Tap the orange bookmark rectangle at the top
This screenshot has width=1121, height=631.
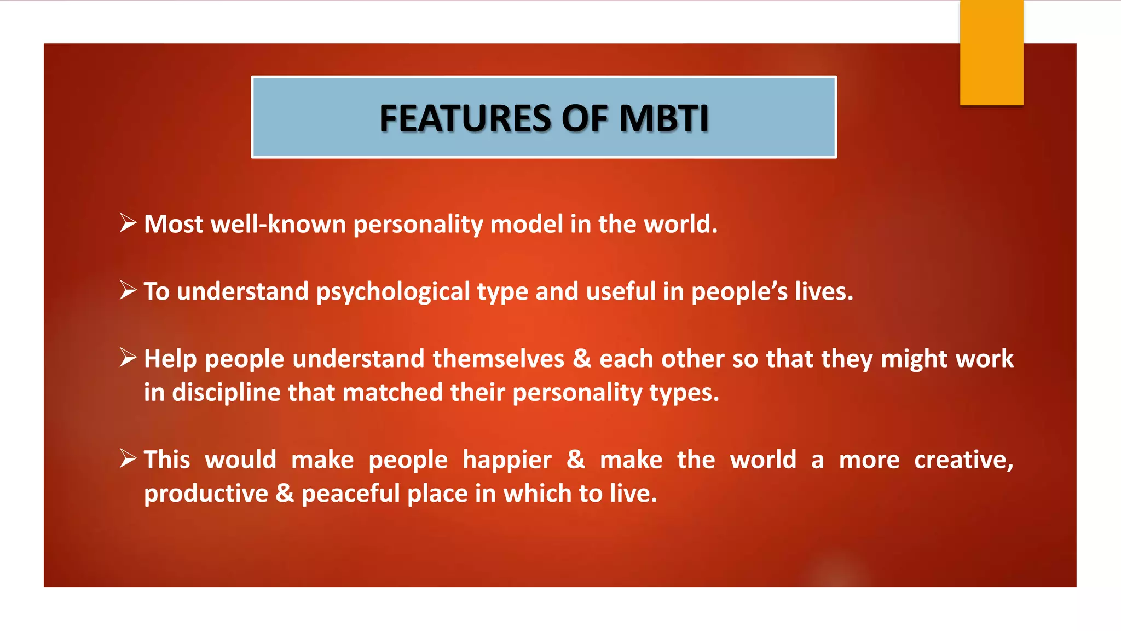point(991,53)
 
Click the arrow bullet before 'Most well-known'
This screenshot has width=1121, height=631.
point(128,223)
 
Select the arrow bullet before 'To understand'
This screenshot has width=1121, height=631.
point(128,290)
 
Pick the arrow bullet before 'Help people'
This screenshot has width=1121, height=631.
point(128,358)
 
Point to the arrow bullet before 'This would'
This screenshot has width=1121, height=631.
point(128,458)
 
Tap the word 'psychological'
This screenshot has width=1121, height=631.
point(392,292)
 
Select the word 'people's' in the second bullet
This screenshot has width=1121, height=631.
point(739,292)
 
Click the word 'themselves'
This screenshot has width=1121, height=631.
point(498,359)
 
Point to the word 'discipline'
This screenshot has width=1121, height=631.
point(226,393)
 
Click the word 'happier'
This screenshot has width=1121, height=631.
point(507,460)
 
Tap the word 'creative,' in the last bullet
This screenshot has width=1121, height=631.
point(963,460)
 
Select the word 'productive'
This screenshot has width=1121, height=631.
point(206,494)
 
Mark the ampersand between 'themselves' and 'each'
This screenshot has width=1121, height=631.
point(582,359)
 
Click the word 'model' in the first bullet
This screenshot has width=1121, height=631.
point(526,224)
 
